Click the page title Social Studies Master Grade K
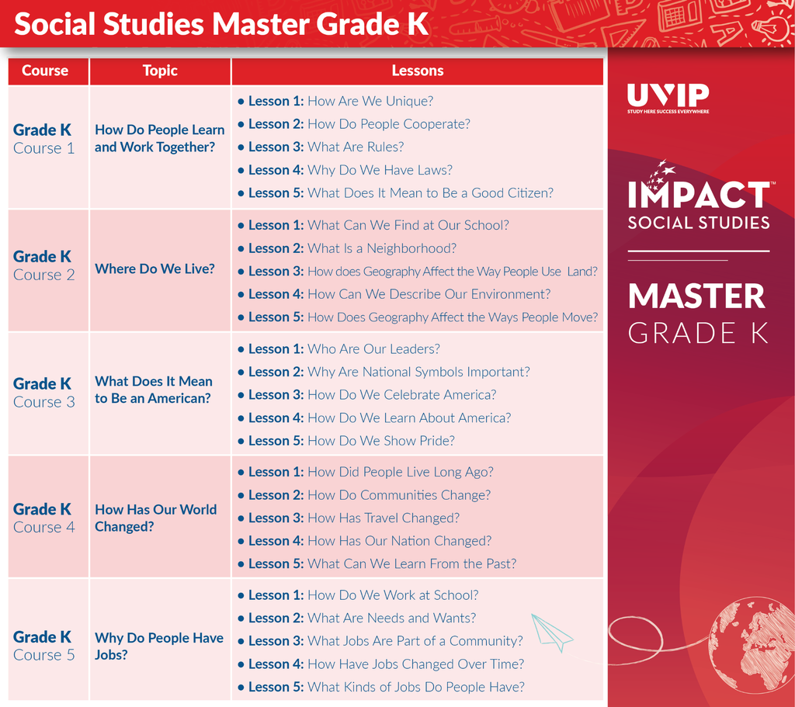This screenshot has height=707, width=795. [221, 24]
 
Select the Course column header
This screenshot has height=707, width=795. [45, 71]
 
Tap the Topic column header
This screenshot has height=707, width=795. [160, 71]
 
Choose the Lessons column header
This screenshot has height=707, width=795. [417, 71]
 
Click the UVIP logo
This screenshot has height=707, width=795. [668, 98]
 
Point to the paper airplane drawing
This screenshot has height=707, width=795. [552, 632]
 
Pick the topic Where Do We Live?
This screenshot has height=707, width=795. [154, 269]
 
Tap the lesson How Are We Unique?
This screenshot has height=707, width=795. [370, 101]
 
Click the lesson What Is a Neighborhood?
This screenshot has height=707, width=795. [382, 248]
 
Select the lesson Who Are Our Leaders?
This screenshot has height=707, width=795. [373, 348]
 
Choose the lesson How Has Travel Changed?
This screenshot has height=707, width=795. [384, 518]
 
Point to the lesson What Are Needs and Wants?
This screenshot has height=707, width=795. [391, 618]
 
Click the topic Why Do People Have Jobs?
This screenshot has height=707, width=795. [158, 646]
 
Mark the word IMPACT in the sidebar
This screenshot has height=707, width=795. [699, 195]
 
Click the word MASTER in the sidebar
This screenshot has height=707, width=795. [696, 296]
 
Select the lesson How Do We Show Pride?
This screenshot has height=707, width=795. [380, 440]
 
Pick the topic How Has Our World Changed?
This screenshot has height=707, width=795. [155, 518]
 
